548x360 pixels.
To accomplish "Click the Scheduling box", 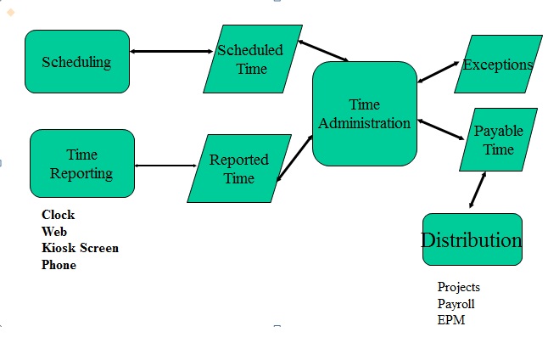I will tap(77, 61).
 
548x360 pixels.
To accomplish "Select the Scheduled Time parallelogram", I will tap(252, 59).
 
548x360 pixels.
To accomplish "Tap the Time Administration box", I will tap(365, 114).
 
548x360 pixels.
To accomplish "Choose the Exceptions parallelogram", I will tap(498, 65).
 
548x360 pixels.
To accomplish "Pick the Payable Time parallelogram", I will tap(498, 139).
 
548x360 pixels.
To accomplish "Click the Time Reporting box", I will tap(81, 164).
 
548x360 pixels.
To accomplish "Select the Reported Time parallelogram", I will tap(238, 168).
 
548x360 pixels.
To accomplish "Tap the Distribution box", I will tap(472, 239).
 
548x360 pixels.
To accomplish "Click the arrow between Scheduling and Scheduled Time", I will tap(171, 52).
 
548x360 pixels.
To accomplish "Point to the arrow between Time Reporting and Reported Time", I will tap(165, 166).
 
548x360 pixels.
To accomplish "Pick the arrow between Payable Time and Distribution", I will tap(478, 190).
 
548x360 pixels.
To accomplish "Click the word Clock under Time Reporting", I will tap(58, 215).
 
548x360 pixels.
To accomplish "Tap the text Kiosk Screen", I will tap(80, 248).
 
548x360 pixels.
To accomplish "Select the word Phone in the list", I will tap(59, 265).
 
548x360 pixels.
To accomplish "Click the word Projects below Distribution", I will tap(458, 287).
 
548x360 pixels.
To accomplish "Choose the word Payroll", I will tap(456, 303).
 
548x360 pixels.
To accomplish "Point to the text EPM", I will tap(450, 320).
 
